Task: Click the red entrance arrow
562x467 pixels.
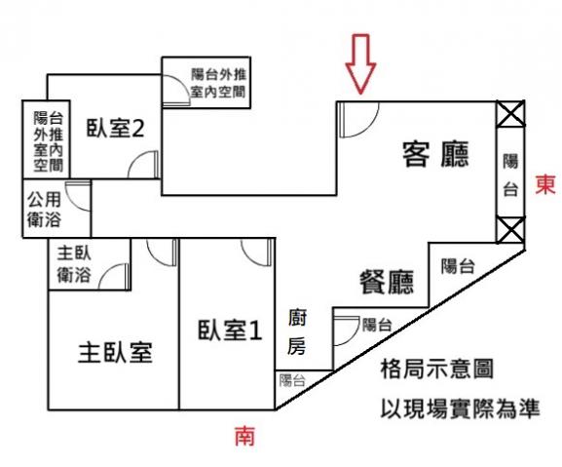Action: tap(360, 63)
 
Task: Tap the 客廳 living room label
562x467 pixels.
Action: tap(435, 155)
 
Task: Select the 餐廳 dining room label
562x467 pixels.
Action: tap(387, 282)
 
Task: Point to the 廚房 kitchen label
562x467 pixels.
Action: tap(297, 332)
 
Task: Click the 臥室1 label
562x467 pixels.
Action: tap(230, 331)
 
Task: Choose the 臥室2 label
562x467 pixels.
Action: tap(115, 128)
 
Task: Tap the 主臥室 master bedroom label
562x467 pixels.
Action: tap(115, 353)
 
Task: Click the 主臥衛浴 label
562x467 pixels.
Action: tap(74, 264)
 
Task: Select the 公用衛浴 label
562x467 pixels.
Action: tap(44, 210)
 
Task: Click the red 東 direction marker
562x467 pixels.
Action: tap(545, 184)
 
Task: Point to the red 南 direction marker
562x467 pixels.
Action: tap(244, 436)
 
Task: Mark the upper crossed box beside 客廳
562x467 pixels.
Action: tap(510, 114)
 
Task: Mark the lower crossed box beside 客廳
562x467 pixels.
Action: tap(510, 230)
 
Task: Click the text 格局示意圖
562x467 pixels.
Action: tap(437, 369)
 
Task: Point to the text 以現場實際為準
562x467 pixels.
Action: tap(460, 409)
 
